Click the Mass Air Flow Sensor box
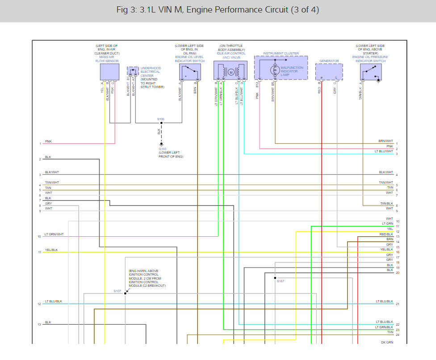point(109,71)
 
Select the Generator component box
point(329,71)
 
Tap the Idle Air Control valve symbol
point(231,71)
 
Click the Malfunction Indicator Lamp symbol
point(276,70)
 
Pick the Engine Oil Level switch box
point(189,71)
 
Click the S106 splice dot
point(161,123)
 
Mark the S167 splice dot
point(275,278)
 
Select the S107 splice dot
point(126,293)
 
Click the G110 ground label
point(162,149)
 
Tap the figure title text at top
point(218,10)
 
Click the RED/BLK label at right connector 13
point(386,234)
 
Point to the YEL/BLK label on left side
point(51,250)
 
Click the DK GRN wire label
point(387,343)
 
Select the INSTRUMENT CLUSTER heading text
point(281,54)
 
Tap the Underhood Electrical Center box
point(133,71)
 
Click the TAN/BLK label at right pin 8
point(386,203)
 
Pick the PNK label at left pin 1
point(48,142)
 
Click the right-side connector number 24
point(397,335)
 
